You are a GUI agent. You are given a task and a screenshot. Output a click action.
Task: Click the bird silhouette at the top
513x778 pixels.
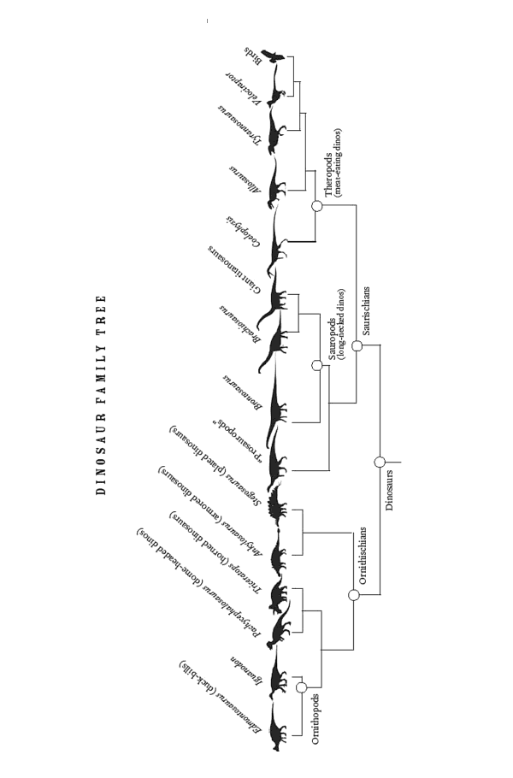point(273,57)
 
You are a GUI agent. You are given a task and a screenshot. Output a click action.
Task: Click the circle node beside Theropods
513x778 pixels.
point(316,206)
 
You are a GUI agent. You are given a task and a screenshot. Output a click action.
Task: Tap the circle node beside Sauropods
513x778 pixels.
point(316,365)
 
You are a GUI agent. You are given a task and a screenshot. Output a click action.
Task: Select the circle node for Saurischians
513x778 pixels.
point(357,346)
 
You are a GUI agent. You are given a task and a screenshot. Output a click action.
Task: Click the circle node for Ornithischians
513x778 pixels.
point(352,595)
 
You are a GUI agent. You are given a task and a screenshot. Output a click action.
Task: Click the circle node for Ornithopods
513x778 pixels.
point(301,687)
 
